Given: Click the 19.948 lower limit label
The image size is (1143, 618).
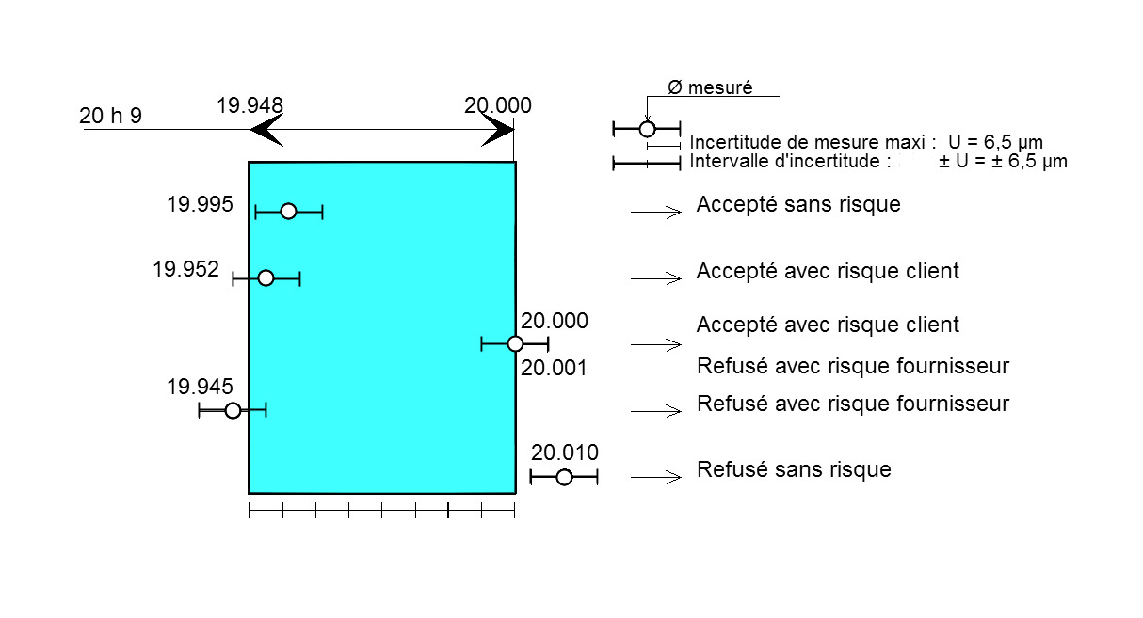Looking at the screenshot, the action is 250,105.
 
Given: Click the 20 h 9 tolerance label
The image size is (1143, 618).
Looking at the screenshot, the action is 110,116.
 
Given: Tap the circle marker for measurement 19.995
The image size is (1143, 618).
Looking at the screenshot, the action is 288,211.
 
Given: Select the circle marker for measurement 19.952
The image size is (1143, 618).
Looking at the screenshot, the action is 266,277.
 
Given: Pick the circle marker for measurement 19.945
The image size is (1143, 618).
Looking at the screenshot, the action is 233,410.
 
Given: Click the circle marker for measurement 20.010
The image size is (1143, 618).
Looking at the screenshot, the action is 564,477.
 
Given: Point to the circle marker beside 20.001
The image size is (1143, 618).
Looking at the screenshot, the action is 515,344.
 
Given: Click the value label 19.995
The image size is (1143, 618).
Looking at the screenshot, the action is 200,204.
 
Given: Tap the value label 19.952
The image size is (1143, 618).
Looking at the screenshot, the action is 185,269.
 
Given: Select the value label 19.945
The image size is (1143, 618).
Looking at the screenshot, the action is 200,387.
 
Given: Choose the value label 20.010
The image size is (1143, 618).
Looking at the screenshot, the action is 564,452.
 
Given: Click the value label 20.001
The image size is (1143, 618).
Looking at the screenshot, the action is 554,368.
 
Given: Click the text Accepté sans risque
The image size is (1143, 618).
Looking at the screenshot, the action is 798,204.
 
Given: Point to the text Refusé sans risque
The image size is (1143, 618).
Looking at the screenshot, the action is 794,469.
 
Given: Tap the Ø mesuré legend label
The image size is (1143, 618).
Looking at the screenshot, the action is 710,87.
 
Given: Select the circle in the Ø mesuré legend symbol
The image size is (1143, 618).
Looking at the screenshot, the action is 647,129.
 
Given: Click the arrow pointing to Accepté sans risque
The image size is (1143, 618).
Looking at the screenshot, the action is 656,212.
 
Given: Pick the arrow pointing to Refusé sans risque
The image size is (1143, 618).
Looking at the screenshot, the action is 656,477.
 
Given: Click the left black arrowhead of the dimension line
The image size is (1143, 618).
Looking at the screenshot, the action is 266,130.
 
